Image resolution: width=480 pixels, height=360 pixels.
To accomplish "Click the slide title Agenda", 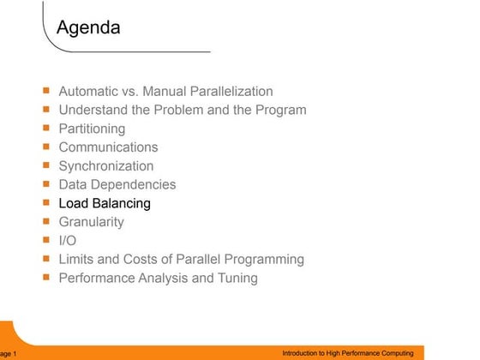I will pos(88,28).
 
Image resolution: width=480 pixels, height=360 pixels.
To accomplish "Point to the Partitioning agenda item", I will pos(92,129).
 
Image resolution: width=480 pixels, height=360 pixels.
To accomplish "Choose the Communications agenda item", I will pos(108,147).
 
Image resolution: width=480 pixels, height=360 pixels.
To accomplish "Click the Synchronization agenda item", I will pos(106,166).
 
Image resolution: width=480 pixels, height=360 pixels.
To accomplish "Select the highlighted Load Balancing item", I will pos(105,203).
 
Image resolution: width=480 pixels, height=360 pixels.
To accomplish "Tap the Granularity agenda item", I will pos(91,222).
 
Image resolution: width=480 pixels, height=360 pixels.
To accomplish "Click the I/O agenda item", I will pos(67,241).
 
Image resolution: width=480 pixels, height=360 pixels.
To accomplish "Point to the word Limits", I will pos(77,259).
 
